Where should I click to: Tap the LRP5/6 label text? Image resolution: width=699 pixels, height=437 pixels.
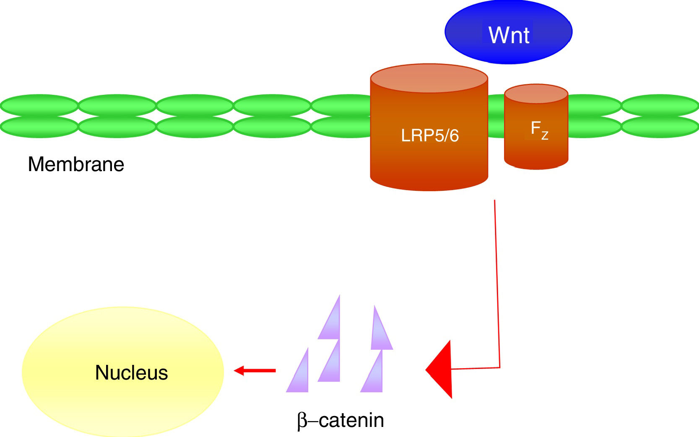(x=430, y=135)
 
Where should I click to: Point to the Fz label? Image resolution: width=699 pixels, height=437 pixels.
(x=539, y=129)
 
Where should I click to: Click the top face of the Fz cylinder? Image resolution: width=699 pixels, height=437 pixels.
(x=536, y=94)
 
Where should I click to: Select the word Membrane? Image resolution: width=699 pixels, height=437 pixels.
(x=76, y=164)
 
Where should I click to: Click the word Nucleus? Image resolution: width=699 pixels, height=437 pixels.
(x=131, y=372)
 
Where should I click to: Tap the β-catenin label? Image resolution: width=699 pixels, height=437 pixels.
(x=340, y=420)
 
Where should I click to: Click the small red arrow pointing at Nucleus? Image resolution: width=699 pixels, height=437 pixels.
(x=254, y=370)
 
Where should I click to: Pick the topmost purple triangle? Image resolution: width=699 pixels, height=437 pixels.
(x=331, y=321)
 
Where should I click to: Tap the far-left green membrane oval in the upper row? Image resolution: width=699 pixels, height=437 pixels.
(x=39, y=105)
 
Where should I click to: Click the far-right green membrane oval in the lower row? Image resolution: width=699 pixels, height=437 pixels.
(x=660, y=127)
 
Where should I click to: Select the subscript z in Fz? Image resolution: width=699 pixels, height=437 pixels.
(x=545, y=135)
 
